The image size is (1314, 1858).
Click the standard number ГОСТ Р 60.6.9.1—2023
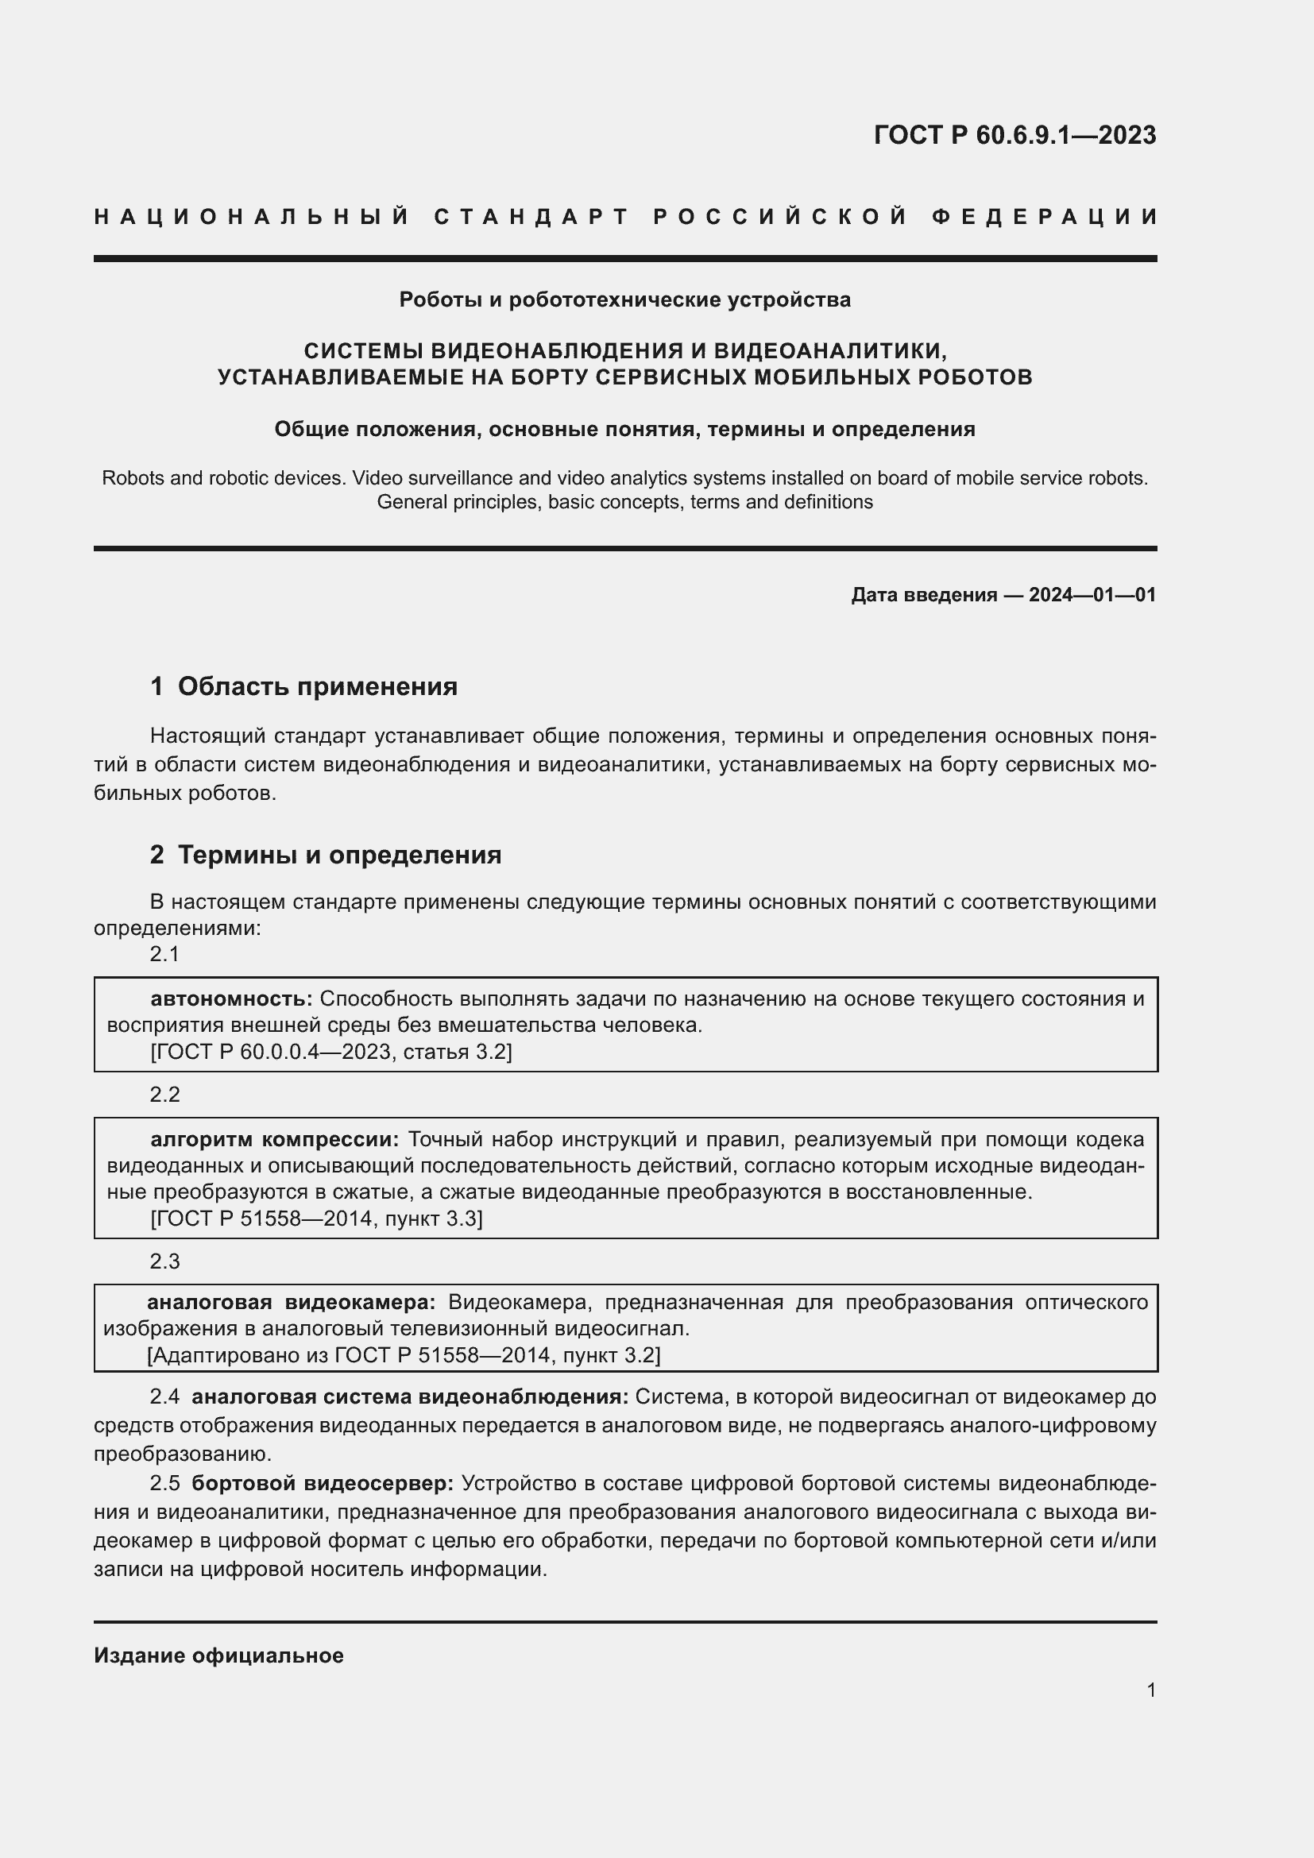[x=1014, y=135]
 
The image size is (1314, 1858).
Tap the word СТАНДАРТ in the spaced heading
[x=531, y=217]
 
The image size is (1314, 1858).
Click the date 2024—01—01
[x=1092, y=595]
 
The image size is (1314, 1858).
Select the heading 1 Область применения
[x=303, y=687]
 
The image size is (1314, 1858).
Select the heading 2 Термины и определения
[x=325, y=856]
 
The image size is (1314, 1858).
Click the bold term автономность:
[x=231, y=999]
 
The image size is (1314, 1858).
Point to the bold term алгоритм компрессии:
[x=274, y=1139]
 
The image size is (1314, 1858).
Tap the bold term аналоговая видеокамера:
[x=291, y=1302]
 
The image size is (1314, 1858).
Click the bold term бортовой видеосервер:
[x=323, y=1483]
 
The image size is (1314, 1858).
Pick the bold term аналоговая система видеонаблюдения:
[x=409, y=1396]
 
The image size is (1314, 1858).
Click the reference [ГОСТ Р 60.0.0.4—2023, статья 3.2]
[x=331, y=1052]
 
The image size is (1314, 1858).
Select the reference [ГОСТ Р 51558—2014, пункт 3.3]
[x=316, y=1219]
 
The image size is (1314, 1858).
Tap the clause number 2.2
[x=164, y=1095]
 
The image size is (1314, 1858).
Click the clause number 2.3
[x=164, y=1261]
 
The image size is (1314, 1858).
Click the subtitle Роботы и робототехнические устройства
[x=624, y=300]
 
